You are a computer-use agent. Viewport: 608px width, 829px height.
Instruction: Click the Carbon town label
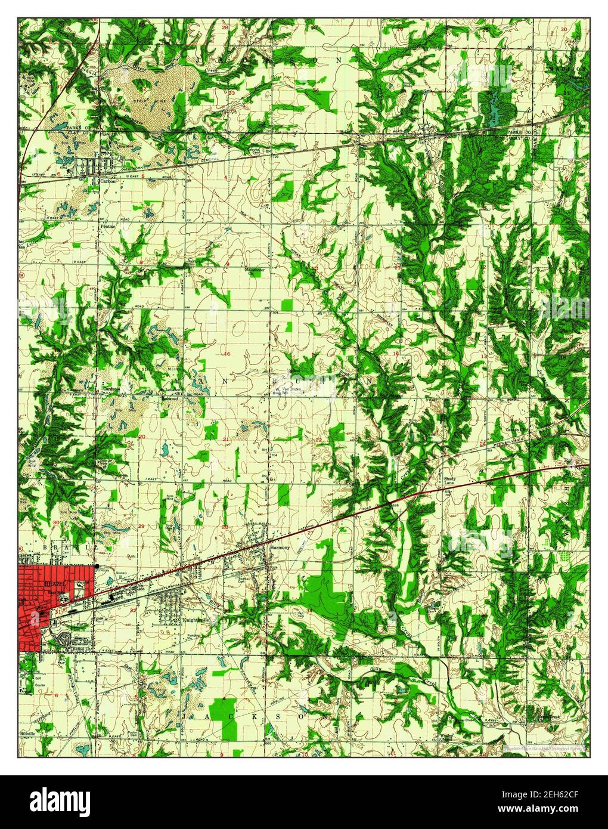tap(108, 181)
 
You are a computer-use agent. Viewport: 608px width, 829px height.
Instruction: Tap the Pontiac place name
tap(108, 227)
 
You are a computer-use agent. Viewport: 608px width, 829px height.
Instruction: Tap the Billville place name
tap(28, 731)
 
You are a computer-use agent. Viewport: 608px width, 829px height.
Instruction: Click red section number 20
tap(142, 437)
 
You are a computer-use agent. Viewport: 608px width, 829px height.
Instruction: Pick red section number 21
tap(226, 440)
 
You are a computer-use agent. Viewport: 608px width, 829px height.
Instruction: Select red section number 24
tap(482, 445)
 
